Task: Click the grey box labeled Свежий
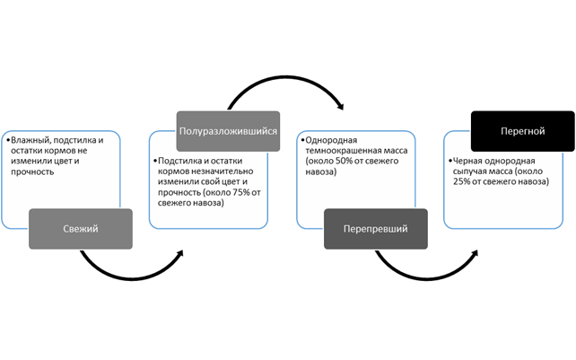(x=82, y=229)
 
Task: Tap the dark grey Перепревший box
(x=376, y=229)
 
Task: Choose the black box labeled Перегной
(x=521, y=131)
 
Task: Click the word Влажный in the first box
(x=27, y=140)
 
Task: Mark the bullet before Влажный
(x=6, y=140)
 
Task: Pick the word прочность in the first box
(x=32, y=171)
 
